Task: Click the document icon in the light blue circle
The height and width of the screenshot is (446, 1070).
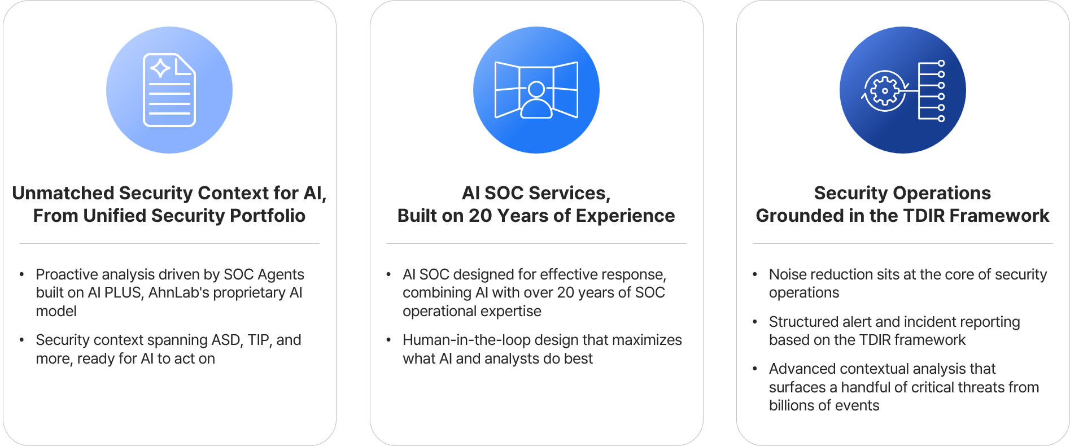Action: tap(169, 90)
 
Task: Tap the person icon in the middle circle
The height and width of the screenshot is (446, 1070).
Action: tap(536, 100)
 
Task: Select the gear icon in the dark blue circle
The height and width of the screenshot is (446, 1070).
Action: tap(885, 90)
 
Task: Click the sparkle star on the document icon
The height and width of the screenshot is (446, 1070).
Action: tap(160, 68)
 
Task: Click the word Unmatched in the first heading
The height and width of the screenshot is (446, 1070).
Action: tap(64, 193)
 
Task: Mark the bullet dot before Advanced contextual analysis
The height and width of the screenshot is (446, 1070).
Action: tap(754, 369)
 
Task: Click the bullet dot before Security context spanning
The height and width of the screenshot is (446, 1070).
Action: tap(21, 340)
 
